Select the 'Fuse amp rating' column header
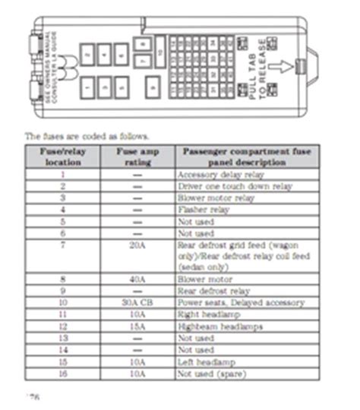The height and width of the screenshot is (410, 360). click(x=137, y=156)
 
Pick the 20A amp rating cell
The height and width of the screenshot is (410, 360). click(x=137, y=244)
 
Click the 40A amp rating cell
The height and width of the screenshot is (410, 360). click(x=137, y=279)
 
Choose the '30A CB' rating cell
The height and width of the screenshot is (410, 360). click(x=137, y=302)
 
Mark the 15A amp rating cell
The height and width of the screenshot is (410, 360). click(x=137, y=326)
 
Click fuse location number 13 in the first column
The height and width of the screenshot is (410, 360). click(x=63, y=337)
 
